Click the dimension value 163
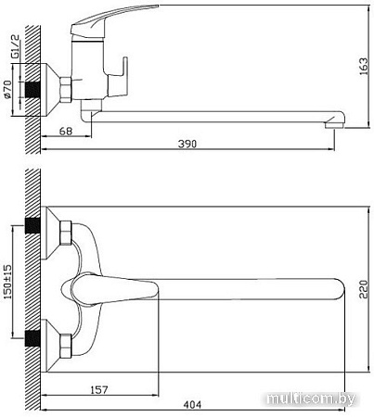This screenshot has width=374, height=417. tap(363, 66)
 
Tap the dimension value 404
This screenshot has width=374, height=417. tap(193, 405)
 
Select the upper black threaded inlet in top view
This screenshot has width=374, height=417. tap(34, 227)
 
